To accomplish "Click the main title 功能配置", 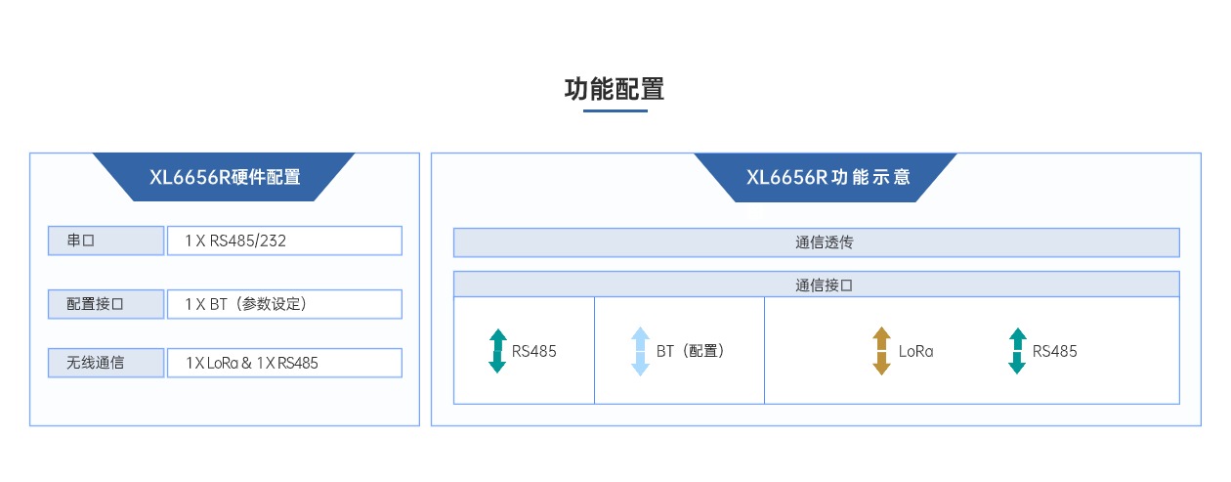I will tap(615, 90).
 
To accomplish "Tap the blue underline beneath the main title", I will tap(615, 110).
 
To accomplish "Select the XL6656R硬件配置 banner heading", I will tap(225, 178).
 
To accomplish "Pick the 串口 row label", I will tap(106, 241).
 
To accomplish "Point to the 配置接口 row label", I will tap(106, 304).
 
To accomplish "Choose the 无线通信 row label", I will tap(106, 363).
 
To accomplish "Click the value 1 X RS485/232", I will tap(235, 241).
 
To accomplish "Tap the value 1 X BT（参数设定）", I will tap(246, 304).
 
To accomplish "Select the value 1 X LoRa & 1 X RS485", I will tap(252, 363).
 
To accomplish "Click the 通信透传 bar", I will tap(816, 242).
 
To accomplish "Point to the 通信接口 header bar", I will tap(816, 285).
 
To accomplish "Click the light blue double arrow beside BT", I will tap(640, 351).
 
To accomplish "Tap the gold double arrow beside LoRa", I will tap(881, 351).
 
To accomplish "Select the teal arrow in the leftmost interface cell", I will tap(498, 351).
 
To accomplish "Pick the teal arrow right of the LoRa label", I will tap(1017, 351).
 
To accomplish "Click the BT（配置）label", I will tap(691, 351).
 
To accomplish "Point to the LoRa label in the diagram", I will tap(915, 351).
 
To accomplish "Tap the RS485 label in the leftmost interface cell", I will tap(534, 351).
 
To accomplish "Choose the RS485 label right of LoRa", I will tap(1054, 351).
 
